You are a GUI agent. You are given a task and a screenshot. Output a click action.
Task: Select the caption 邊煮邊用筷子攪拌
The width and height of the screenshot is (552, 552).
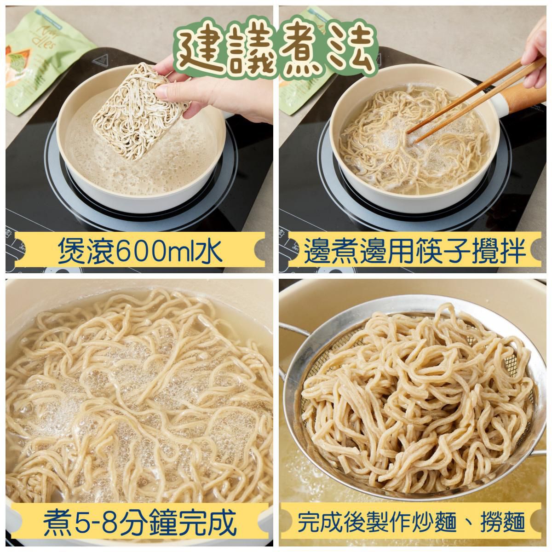414,251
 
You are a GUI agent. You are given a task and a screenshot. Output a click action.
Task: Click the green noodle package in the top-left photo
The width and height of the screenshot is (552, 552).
41,64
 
